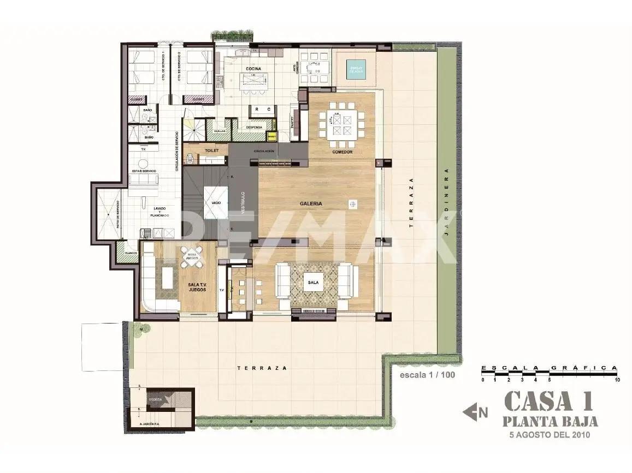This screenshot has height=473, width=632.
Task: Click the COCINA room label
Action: [x=253, y=69]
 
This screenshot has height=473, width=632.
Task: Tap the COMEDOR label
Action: [x=342, y=152]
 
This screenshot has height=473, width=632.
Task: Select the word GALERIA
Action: [x=311, y=203]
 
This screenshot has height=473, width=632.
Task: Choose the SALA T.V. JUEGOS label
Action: [x=197, y=288]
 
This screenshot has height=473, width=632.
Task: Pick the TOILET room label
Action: [x=212, y=150]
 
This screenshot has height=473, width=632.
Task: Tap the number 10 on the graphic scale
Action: [x=617, y=380]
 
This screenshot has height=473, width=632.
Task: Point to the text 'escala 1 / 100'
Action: [x=427, y=375]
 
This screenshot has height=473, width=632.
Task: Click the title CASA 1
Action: [x=548, y=402]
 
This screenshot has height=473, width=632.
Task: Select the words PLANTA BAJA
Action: [x=550, y=422]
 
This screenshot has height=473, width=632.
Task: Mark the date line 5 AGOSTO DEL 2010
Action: [x=550, y=435]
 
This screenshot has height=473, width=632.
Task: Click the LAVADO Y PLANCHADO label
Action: [x=159, y=212]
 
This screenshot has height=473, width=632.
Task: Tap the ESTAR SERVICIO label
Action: [x=144, y=171]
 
